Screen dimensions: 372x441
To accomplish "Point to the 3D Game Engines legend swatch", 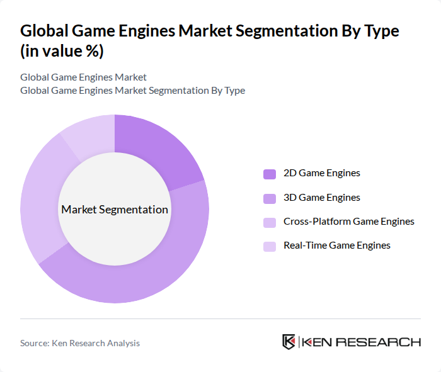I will pyautogui.click(x=270, y=198).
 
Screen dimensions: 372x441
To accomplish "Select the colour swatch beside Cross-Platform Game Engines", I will pyautogui.click(x=270, y=222).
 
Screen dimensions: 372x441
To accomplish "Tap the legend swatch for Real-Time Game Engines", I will pyautogui.click(x=270, y=246).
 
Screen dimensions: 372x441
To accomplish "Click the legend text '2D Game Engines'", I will pyautogui.click(x=322, y=173).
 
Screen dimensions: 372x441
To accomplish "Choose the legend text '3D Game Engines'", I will pyautogui.click(x=322, y=198).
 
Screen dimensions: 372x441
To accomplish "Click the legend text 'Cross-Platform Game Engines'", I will pyautogui.click(x=349, y=222).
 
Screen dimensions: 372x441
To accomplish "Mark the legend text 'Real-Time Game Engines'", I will pyautogui.click(x=337, y=245).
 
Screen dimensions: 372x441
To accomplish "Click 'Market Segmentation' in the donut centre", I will pyautogui.click(x=115, y=210).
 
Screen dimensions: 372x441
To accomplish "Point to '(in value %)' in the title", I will pyautogui.click(x=62, y=52).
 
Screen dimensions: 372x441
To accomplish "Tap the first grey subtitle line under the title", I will pyautogui.click(x=83, y=77).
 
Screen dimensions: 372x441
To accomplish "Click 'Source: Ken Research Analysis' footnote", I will pyautogui.click(x=80, y=343).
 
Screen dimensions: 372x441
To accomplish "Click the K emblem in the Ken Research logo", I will pyautogui.click(x=289, y=342).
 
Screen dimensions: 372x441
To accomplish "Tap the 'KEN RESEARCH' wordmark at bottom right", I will pyautogui.click(x=361, y=342).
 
